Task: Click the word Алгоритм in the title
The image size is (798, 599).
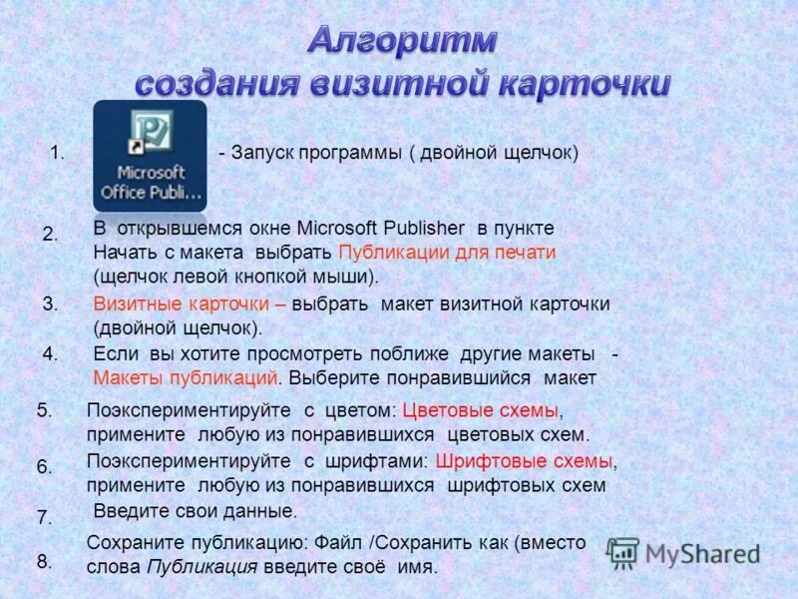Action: [x=402, y=40]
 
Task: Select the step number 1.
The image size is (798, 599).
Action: [x=57, y=153]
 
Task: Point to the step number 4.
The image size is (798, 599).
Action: [x=51, y=353]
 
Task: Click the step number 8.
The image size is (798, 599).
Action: [x=44, y=562]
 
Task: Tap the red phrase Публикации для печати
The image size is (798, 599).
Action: [x=447, y=252]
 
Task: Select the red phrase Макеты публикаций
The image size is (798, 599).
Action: [x=186, y=377]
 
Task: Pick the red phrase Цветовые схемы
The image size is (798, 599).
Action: [x=482, y=410]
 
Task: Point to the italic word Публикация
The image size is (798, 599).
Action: [x=202, y=566]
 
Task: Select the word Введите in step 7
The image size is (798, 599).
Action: [x=128, y=511]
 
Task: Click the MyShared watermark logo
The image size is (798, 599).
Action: [x=683, y=552]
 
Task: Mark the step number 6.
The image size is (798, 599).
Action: [x=44, y=466]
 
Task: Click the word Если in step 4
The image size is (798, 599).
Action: [x=115, y=354]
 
